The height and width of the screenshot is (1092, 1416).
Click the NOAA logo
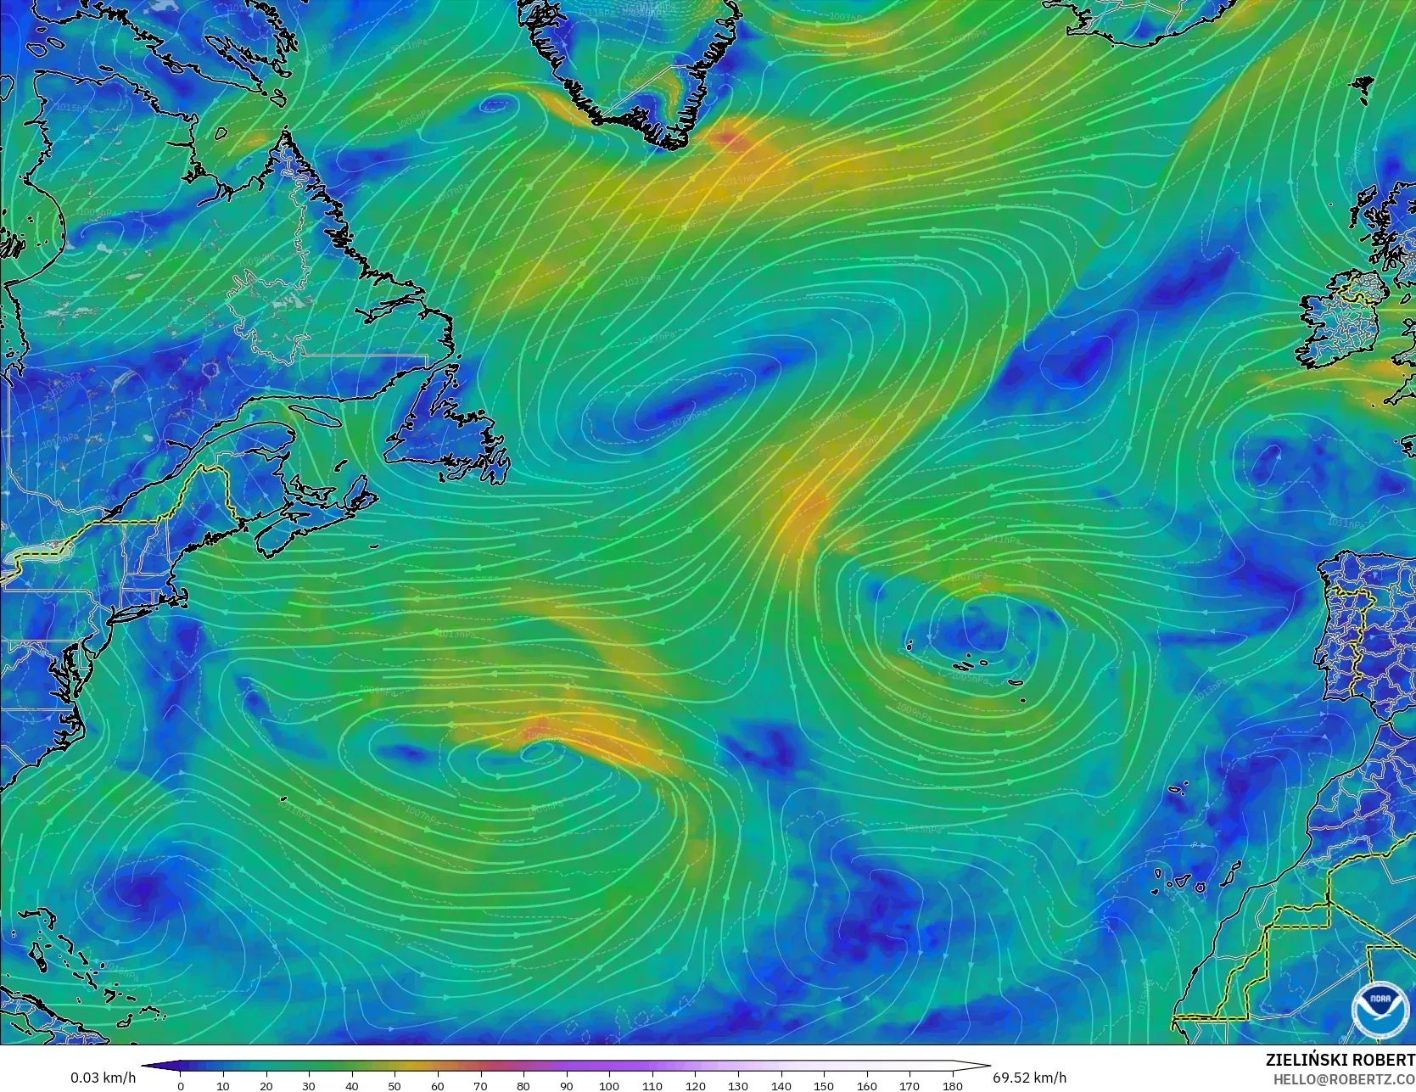(x=1380, y=1010)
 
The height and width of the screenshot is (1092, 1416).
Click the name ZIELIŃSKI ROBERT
(x=1340, y=1060)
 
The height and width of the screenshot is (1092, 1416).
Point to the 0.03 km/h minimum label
(x=103, y=1078)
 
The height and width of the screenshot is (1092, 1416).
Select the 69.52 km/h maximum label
(x=1029, y=1078)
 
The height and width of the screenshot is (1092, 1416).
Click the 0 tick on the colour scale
(x=181, y=1085)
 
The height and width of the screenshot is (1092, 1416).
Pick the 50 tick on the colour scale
(x=395, y=1085)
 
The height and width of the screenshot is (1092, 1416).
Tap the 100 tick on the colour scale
(x=609, y=1085)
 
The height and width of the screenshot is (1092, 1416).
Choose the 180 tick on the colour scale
(x=952, y=1085)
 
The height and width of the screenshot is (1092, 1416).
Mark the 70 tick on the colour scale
(x=480, y=1085)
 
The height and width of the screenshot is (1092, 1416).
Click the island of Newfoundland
(x=445, y=433)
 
